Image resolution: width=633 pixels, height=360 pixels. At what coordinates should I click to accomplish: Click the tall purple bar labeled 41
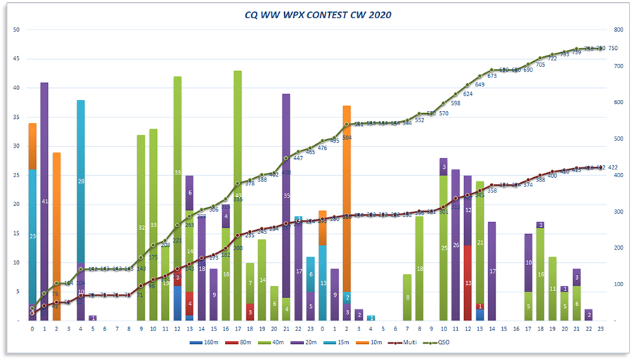point(44,201)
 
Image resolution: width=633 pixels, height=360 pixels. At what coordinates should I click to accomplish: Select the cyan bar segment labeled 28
point(81,181)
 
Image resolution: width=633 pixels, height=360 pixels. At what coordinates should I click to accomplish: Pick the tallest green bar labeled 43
point(238,195)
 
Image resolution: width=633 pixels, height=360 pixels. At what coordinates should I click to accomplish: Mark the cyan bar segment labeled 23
point(32,236)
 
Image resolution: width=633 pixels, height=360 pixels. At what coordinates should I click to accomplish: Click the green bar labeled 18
point(419,269)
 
